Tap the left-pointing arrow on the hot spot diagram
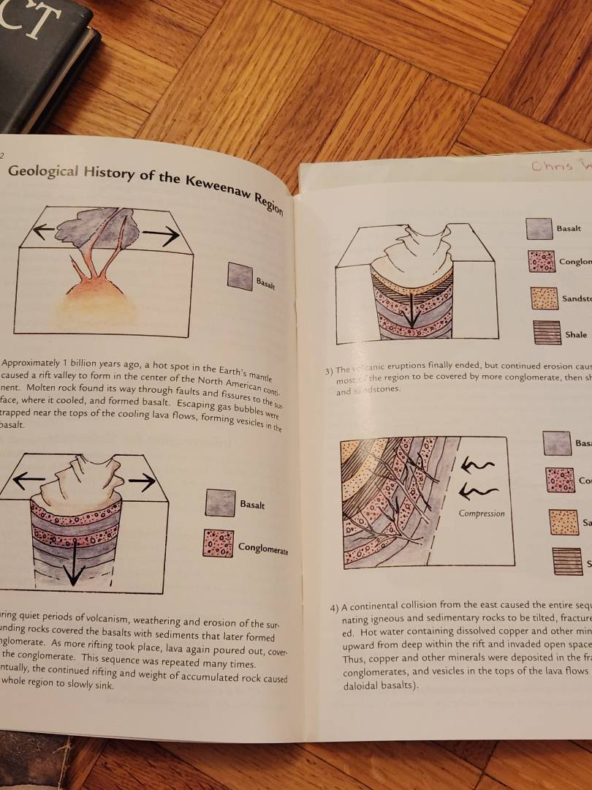[x=44, y=231]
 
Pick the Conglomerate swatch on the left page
[x=218, y=543]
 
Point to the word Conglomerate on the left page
[x=262, y=548]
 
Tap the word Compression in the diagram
[x=482, y=513]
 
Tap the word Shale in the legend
[x=576, y=335]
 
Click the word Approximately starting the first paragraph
[x=33, y=364]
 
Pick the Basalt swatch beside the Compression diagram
[x=557, y=443]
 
